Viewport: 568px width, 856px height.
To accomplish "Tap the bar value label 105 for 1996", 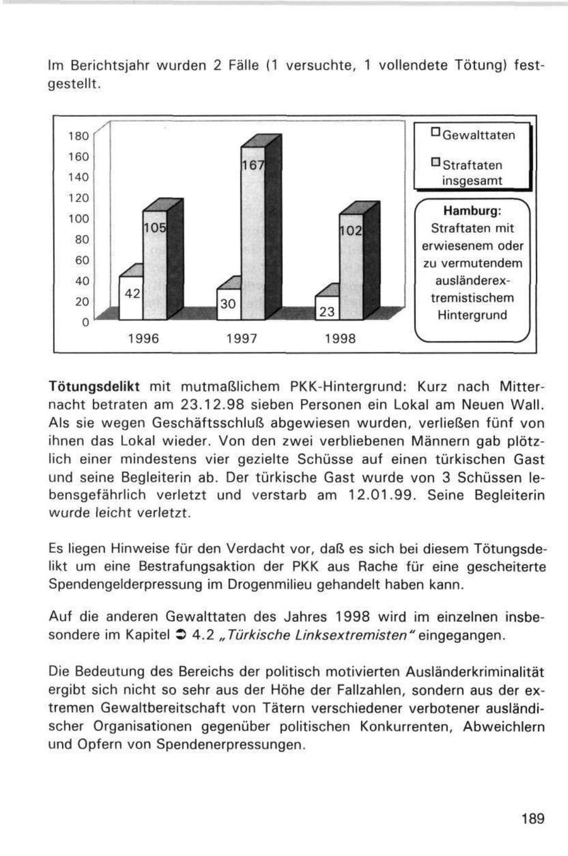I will tap(154, 227).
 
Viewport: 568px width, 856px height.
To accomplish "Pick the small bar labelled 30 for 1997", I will tap(228, 304).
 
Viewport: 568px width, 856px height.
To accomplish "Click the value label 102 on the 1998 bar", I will tap(351, 231).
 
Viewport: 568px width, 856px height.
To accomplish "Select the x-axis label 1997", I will tap(241, 339).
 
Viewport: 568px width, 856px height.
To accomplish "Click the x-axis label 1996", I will tap(143, 339).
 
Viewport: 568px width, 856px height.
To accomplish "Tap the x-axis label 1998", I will tap(340, 339).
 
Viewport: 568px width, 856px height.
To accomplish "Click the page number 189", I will tap(533, 819).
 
